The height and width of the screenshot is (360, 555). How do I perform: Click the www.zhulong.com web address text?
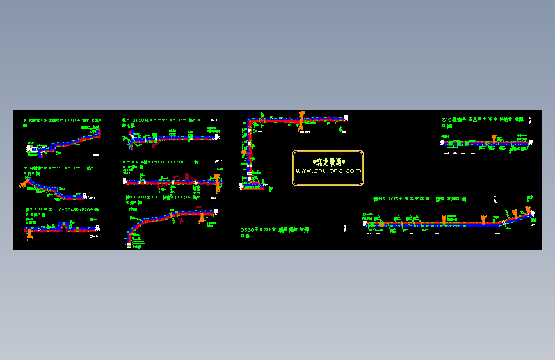click(328, 171)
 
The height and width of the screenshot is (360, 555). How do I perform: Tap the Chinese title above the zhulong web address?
click(328, 161)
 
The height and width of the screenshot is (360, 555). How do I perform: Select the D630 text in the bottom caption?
click(247, 229)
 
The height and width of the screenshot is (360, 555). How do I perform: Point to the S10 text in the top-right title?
click(447, 120)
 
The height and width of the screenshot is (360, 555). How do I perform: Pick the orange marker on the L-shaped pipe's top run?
click(300, 120)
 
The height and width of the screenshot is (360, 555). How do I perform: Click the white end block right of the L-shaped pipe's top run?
click(346, 118)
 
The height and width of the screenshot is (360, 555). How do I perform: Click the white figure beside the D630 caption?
click(346, 227)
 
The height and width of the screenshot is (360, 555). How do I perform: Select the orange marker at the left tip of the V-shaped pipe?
click(24, 183)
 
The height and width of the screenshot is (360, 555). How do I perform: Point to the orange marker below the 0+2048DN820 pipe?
click(30, 234)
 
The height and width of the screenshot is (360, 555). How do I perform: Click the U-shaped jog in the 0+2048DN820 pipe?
click(63, 225)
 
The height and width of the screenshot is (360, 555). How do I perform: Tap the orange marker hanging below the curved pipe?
click(202, 219)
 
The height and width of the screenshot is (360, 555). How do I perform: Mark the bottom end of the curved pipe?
click(128, 244)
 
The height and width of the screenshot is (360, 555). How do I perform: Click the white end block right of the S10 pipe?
click(531, 142)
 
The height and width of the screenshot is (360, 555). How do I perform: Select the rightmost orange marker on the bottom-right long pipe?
click(528, 210)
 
